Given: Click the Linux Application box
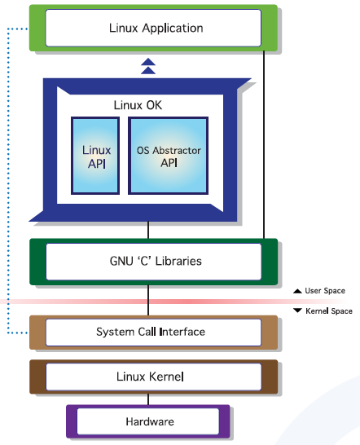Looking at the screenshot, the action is tap(153, 28).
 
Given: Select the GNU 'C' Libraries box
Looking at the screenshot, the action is tap(153, 262).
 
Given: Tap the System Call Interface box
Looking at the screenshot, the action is tap(153, 333).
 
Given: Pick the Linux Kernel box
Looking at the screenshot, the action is tap(153, 377).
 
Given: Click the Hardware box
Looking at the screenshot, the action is tap(147, 421).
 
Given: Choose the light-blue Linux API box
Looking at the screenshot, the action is tap(95, 156).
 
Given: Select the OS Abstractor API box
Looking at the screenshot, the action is tap(169, 156).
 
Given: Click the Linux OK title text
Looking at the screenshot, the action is tap(138, 105).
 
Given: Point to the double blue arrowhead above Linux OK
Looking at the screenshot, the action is tap(148, 66).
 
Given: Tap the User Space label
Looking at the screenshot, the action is tap(325, 291).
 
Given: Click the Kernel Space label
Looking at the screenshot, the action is tap(329, 311).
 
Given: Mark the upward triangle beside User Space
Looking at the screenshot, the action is tap(297, 291).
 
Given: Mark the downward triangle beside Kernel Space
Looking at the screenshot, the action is tap(297, 311).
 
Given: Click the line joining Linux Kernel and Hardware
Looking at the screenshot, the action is tap(148, 399).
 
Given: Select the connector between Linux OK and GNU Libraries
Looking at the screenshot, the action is tap(148, 230).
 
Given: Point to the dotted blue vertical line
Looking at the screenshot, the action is tap(8, 181).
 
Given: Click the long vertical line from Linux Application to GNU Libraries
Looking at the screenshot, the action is tap(264, 145).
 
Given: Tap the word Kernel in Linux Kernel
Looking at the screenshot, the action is tap(166, 377).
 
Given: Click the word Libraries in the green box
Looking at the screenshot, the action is tap(178, 261).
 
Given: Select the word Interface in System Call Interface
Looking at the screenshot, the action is tap(182, 332).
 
